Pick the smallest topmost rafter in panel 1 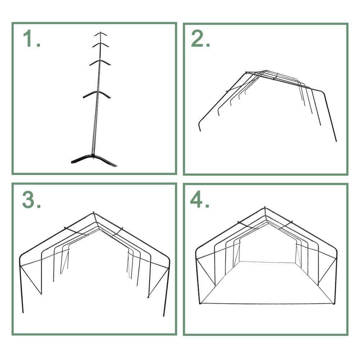coord(101,34)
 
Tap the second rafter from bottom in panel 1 coord(96,94)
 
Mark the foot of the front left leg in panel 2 coord(200,130)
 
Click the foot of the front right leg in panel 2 coord(336,140)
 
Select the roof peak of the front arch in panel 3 coord(94,213)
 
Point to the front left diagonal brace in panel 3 coord(31,279)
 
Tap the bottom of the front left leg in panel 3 coord(23,312)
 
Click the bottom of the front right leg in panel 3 coord(164,315)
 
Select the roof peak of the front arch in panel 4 coord(265,208)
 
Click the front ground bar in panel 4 coord(266,303)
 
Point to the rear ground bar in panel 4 coord(266,262)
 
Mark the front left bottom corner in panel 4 coord(200,304)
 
